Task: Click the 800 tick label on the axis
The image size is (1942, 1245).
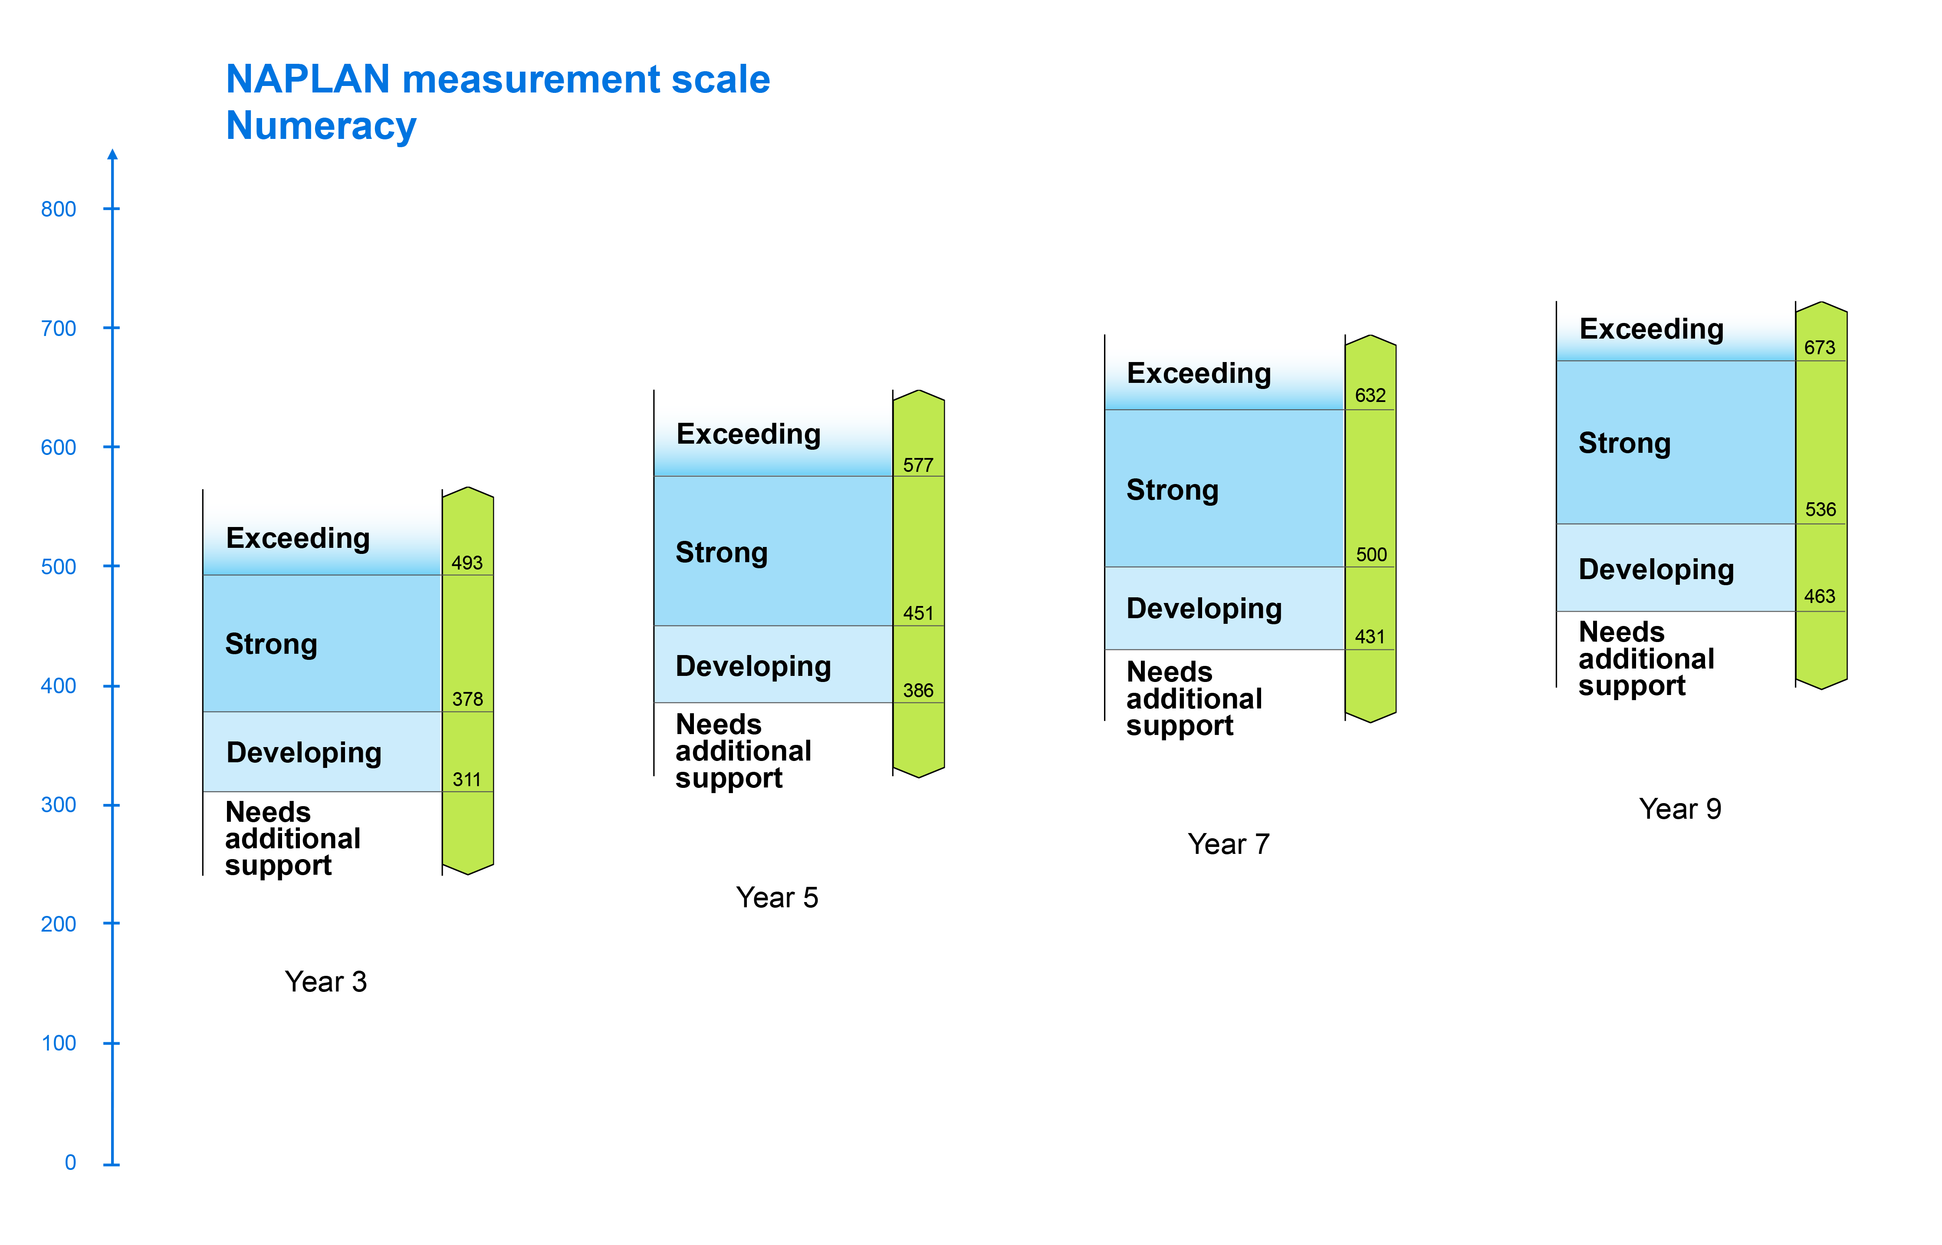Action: pyautogui.click(x=58, y=209)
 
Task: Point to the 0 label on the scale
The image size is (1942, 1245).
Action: pyautogui.click(x=70, y=1163)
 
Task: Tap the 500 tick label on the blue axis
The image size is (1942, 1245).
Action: pyautogui.click(x=58, y=567)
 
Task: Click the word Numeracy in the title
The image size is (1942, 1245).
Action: pyautogui.click(x=321, y=127)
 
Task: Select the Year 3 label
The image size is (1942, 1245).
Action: pyautogui.click(x=325, y=982)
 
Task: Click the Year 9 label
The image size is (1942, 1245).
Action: pyautogui.click(x=1680, y=808)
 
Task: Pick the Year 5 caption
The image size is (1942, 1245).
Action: pyautogui.click(x=777, y=897)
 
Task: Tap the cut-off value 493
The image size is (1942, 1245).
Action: pyautogui.click(x=467, y=563)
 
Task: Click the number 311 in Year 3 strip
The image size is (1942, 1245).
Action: pyautogui.click(x=467, y=779)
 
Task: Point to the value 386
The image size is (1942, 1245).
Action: pyautogui.click(x=918, y=690)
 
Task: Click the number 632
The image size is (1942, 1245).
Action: pyautogui.click(x=1370, y=395)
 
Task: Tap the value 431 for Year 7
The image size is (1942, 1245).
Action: pyautogui.click(x=1370, y=637)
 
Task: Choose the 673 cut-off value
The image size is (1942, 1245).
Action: pyautogui.click(x=1820, y=348)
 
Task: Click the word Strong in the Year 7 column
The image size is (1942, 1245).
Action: pyautogui.click(x=1173, y=491)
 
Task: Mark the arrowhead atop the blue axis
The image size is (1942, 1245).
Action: pyautogui.click(x=112, y=155)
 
